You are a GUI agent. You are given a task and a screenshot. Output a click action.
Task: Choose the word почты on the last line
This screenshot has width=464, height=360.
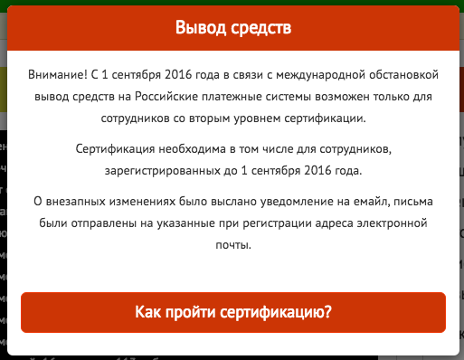[x=233, y=244]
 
